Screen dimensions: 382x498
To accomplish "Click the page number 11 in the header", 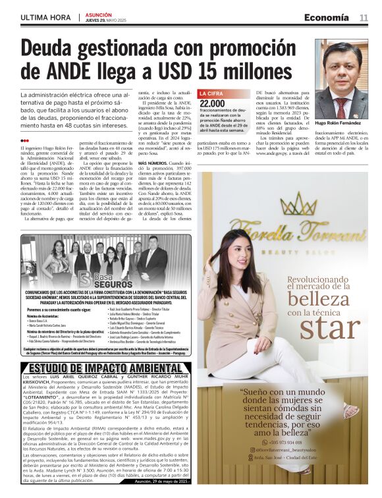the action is [x=363, y=17].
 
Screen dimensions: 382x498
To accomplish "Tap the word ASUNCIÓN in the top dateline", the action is [x=99, y=13].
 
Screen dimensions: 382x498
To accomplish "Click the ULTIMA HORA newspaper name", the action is [x=45, y=17].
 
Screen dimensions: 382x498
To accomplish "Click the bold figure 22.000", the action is [x=212, y=103].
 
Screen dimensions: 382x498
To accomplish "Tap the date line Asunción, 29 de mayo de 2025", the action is [x=161, y=482].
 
